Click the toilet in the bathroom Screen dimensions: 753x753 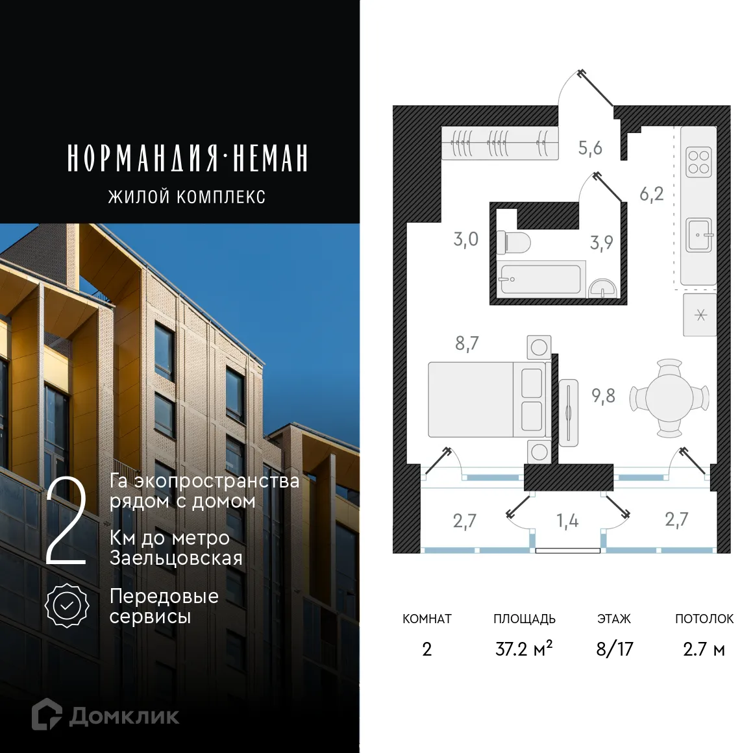click(x=513, y=243)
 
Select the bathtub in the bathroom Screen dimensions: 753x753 click(x=539, y=280)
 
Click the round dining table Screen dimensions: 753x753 click(x=669, y=398)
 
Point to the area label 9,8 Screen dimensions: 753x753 click(x=603, y=395)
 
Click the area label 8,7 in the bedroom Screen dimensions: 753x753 click(x=467, y=343)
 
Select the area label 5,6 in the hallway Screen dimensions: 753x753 click(x=590, y=148)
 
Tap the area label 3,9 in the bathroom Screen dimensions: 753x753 click(x=601, y=243)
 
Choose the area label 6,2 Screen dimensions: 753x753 click(x=651, y=193)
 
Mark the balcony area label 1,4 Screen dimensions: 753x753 click(x=567, y=521)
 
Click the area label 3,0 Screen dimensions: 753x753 click(x=465, y=239)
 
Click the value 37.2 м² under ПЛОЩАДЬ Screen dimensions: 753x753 click(x=524, y=649)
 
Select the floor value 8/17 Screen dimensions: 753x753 click(x=614, y=649)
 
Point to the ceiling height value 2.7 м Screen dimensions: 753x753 click(x=704, y=649)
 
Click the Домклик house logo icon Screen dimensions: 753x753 click(x=47, y=714)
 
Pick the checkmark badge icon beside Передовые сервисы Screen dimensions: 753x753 click(x=67, y=606)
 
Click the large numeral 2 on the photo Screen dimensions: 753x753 click(x=66, y=522)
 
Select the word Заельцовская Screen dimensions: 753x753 click(x=176, y=558)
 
